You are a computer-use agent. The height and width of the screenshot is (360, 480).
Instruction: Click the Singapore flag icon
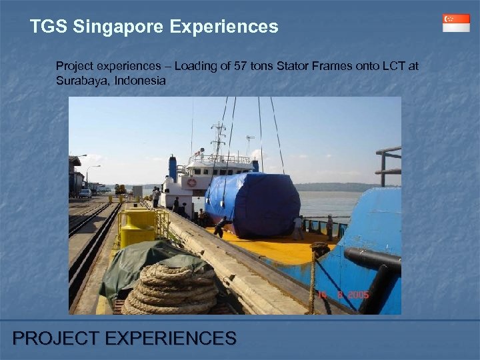[456, 23]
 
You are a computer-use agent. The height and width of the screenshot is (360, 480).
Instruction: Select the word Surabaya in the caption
[77, 80]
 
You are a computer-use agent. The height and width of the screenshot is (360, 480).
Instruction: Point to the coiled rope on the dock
[170, 288]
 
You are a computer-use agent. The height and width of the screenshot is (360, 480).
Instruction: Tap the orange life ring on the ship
[192, 182]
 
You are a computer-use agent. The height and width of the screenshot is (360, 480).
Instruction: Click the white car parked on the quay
[85, 193]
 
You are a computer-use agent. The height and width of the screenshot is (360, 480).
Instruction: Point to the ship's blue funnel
[173, 168]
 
